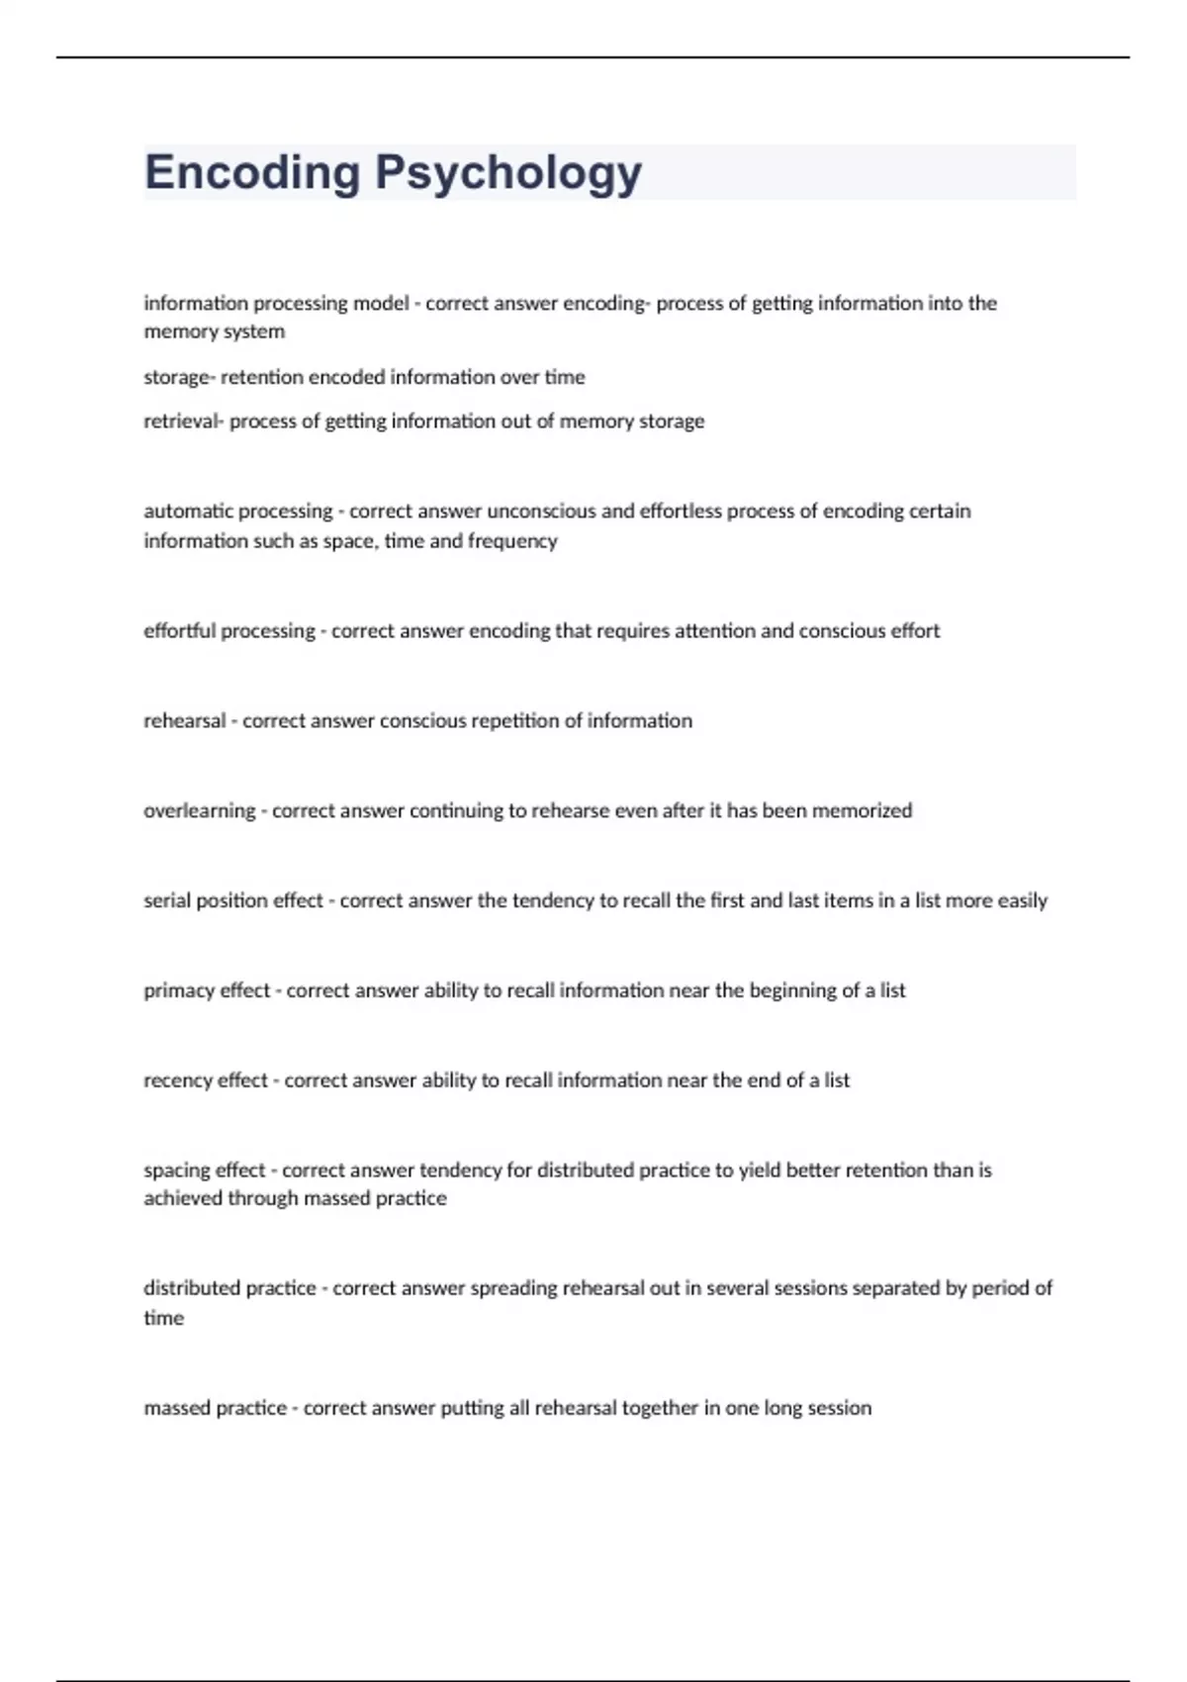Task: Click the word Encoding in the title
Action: click(252, 173)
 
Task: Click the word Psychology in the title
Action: click(508, 173)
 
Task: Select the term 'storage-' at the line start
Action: click(178, 377)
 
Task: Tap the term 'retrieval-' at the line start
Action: click(183, 421)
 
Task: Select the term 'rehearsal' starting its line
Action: click(184, 721)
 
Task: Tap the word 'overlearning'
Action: click(199, 811)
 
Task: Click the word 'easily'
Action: click(1022, 901)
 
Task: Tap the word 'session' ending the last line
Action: click(840, 1409)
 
